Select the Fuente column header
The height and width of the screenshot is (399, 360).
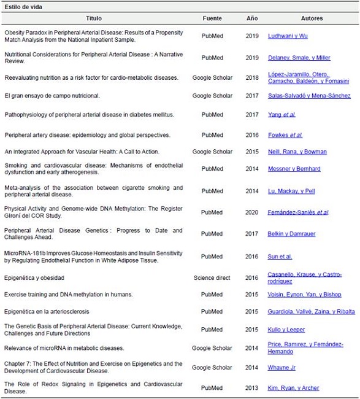212,18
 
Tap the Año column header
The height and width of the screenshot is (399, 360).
252,18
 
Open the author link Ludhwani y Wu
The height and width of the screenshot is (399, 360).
288,36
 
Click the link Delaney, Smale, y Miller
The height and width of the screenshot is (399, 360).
299,58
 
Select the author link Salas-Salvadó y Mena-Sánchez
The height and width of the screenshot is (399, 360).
309,96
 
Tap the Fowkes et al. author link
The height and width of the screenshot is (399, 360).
285,135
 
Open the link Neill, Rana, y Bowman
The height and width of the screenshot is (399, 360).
297,152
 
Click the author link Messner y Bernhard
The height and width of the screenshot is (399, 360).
294,169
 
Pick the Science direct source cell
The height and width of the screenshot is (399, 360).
212,277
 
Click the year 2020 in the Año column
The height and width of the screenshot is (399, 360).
252,212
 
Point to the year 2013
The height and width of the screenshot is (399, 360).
252,388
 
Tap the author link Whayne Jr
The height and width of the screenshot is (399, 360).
282,366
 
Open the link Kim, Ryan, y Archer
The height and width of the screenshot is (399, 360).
294,388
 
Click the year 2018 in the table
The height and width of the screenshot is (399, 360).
252,77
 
